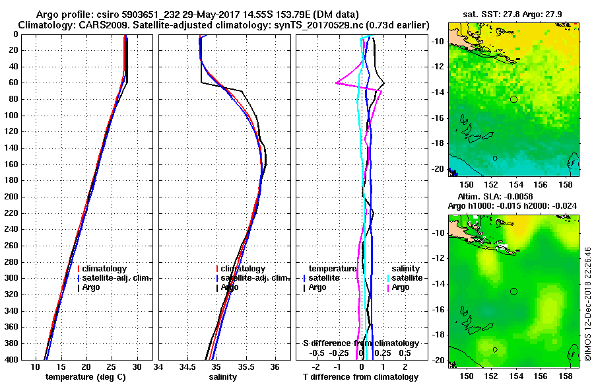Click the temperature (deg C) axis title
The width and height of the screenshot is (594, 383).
[x=85, y=377]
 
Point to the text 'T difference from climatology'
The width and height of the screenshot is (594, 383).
[x=360, y=377]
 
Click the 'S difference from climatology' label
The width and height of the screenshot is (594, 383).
[x=360, y=343]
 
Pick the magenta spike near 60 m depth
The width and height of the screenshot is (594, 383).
[x=337, y=83]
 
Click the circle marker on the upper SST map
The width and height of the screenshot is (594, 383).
[x=513, y=99]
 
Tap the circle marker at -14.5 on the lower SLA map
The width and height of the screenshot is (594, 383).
[x=513, y=291]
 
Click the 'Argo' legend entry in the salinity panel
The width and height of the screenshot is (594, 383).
[x=229, y=287]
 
